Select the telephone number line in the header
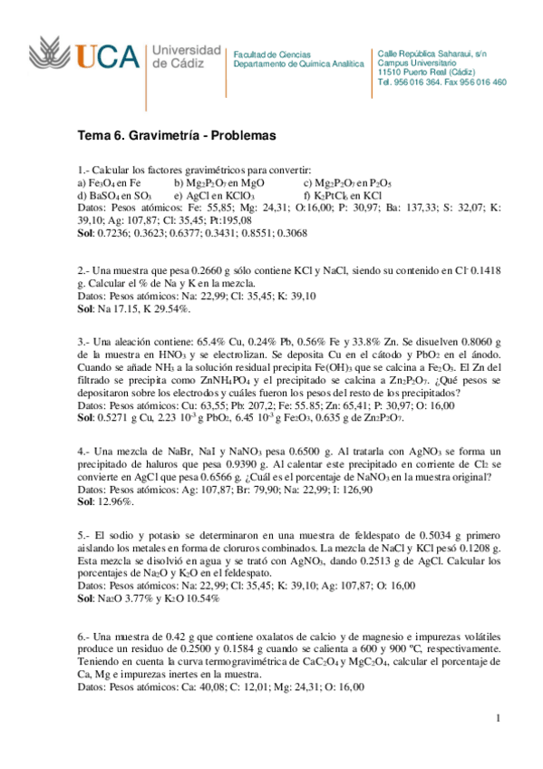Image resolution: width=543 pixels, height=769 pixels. click(x=441, y=83)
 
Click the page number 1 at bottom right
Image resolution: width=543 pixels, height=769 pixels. click(x=497, y=719)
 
